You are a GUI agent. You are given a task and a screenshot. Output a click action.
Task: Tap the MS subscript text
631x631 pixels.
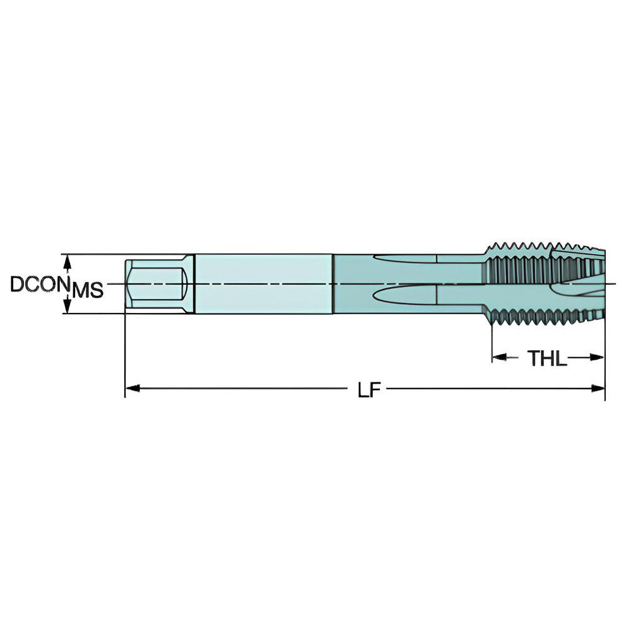pos(87,291)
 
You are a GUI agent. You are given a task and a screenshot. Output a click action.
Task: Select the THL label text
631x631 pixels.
pos(547,358)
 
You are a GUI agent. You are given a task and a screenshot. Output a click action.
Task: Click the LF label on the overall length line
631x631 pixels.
pos(369,390)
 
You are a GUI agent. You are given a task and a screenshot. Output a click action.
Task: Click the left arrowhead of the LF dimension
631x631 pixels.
pos(131,389)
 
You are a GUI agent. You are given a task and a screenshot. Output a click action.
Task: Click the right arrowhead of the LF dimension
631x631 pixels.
pos(599,389)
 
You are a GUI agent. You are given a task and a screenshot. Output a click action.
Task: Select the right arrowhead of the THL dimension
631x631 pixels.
pos(599,357)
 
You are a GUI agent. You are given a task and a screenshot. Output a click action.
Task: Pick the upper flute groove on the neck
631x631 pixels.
pos(404,258)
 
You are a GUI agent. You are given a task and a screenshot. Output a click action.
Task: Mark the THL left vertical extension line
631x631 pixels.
pos(492,344)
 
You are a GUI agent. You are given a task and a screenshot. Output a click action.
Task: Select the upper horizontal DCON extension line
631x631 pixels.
pos(95,254)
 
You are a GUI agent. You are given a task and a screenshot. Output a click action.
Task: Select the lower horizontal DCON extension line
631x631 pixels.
pos(95,314)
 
